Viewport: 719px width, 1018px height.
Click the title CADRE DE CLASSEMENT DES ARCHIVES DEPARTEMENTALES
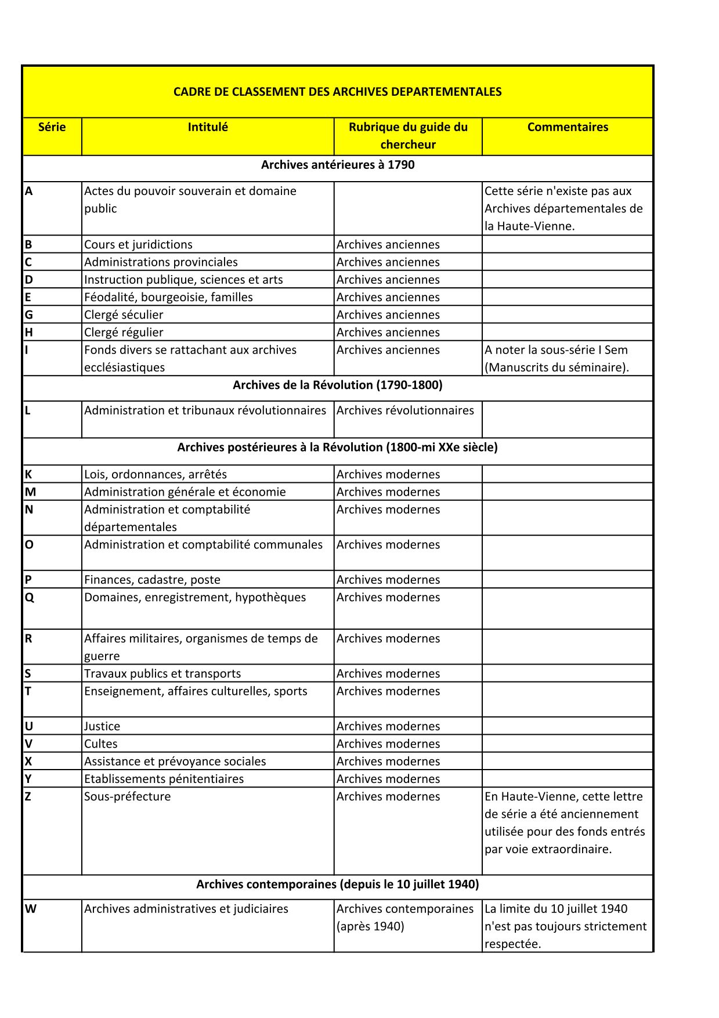[337, 92]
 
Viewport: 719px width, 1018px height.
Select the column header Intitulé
[208, 127]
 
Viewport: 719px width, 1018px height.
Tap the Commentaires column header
[568, 127]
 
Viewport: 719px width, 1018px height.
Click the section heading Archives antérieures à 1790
[337, 165]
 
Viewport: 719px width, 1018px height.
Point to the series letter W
[31, 909]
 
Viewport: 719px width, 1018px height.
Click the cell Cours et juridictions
[138, 244]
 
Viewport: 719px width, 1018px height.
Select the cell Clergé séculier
[124, 315]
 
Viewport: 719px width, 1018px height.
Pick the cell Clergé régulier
[124, 333]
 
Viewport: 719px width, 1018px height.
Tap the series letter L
[28, 410]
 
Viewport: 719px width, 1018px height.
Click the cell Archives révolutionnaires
[405, 410]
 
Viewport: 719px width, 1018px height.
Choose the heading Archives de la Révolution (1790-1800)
[337, 385]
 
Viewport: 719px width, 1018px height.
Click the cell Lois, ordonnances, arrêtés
[156, 474]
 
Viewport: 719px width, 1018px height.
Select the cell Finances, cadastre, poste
[152, 580]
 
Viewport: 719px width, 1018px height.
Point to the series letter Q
[30, 597]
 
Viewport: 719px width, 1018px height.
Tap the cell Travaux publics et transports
[162, 674]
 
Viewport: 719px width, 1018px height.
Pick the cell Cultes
[100, 744]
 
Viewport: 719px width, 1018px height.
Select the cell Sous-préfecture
[128, 796]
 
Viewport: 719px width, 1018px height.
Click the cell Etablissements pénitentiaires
[164, 779]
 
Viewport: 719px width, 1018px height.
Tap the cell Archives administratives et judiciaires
[186, 909]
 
